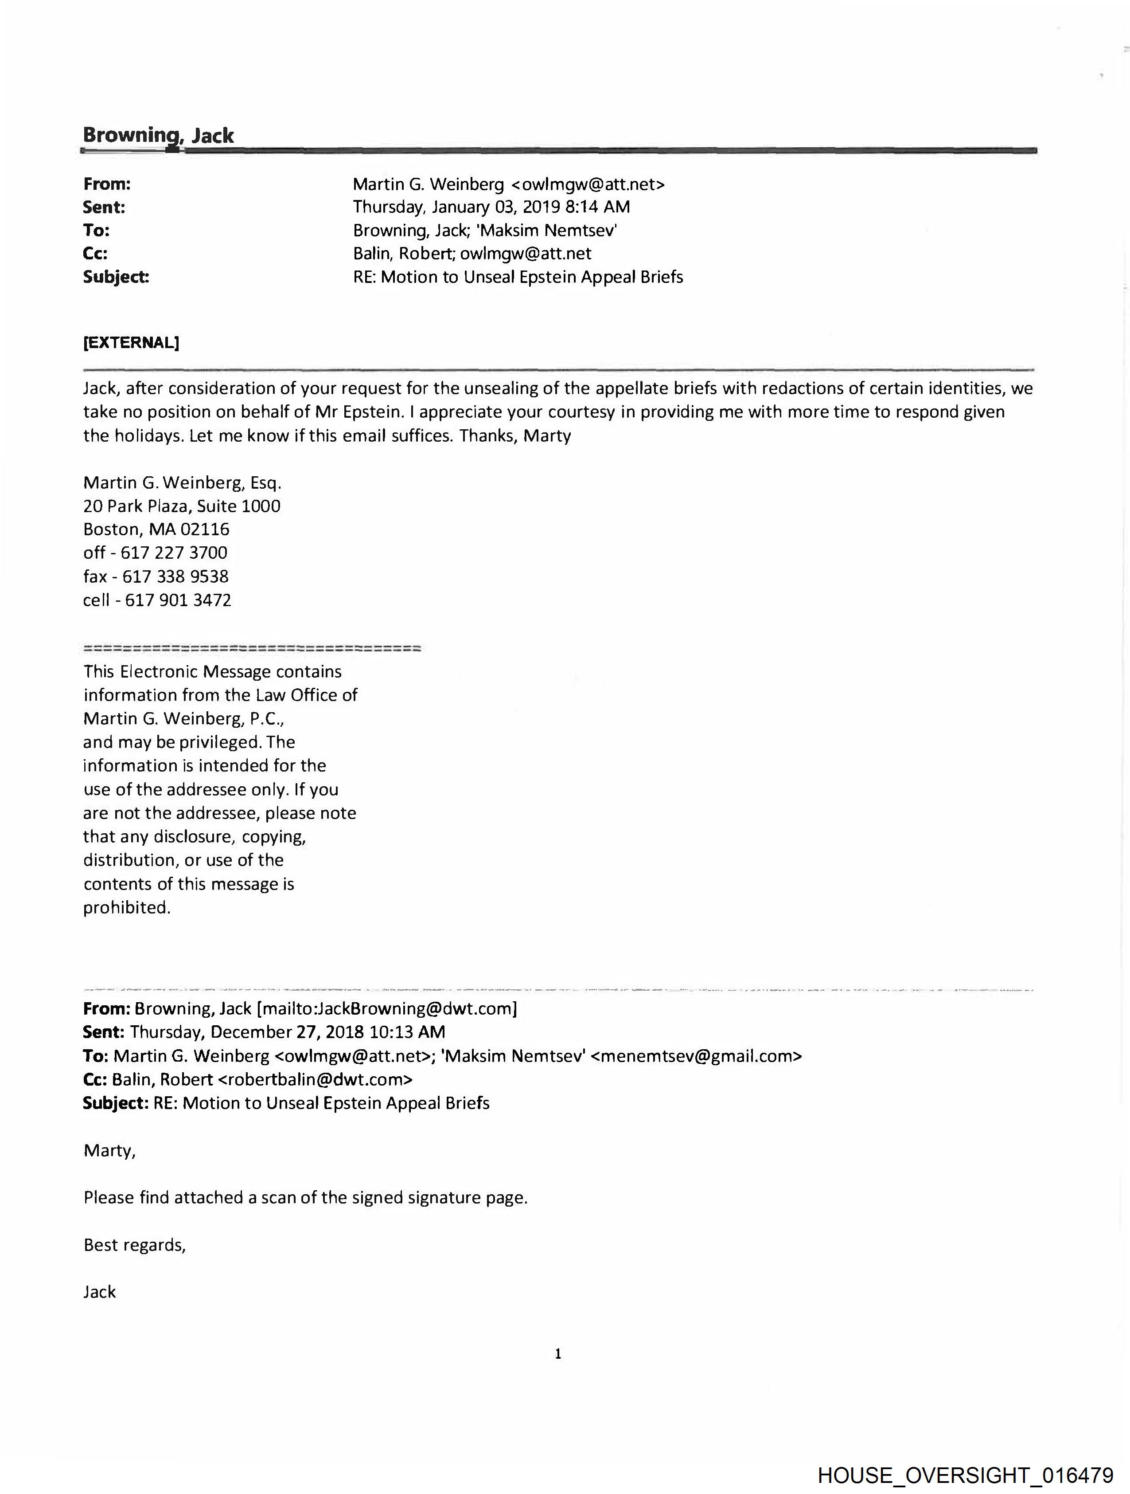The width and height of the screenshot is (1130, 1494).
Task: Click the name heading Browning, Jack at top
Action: click(158, 135)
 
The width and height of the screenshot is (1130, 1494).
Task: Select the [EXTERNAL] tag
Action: click(131, 342)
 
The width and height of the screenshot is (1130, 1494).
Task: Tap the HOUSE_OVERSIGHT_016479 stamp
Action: click(965, 1475)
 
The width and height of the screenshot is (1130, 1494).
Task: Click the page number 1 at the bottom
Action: click(557, 1353)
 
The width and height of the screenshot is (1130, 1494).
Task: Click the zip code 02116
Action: click(205, 529)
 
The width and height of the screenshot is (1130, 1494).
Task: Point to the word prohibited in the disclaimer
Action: click(126, 907)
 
